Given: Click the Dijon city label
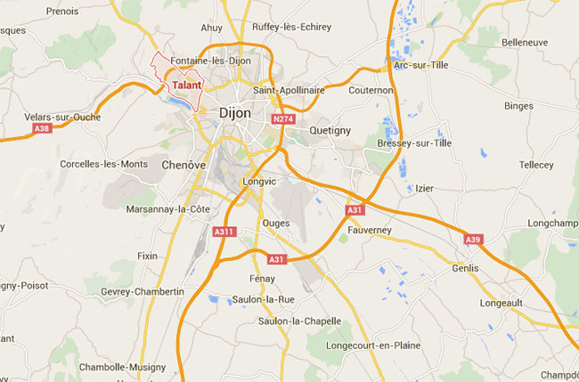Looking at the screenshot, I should point(235,113).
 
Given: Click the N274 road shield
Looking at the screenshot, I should point(283,119).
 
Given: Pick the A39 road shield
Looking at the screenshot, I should point(473,239).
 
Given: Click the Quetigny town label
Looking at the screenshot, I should point(330,130).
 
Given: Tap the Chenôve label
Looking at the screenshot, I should point(184,165).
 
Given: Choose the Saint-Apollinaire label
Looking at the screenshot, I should point(287,90).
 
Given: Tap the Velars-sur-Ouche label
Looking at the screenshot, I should point(63,116).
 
